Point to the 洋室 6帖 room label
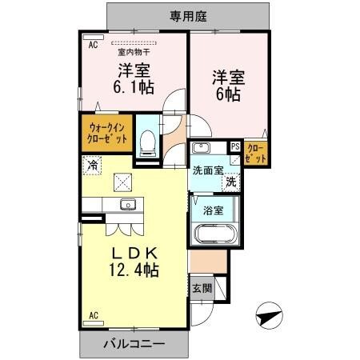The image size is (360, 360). click(227, 86)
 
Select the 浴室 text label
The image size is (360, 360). click(214, 210)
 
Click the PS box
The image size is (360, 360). click(235, 147)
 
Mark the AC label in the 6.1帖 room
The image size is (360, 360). click(93, 46)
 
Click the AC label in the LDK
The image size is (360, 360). click(93, 314)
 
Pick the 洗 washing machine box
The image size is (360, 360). click(230, 182)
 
